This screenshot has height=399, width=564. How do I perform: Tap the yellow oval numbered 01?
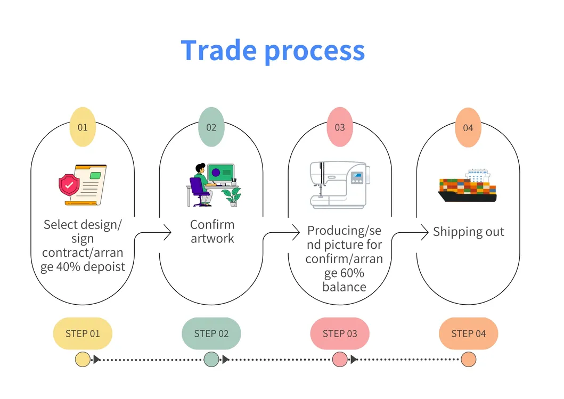point(83,127)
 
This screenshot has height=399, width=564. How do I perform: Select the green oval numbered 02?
point(211,127)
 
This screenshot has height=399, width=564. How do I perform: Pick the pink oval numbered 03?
point(340,127)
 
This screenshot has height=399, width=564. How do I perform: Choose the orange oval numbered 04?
point(468,128)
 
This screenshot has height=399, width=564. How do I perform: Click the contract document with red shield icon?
point(83,184)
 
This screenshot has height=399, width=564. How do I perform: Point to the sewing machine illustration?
point(339,184)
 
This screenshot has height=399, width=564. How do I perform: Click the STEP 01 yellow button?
point(83,333)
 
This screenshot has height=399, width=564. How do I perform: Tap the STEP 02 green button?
point(211,333)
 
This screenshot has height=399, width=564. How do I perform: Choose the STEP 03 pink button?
point(340,333)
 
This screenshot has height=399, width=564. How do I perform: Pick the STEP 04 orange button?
point(468,333)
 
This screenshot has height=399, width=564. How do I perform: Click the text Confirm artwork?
point(212,231)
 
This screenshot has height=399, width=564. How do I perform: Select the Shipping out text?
point(468,232)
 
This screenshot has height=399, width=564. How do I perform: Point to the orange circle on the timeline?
point(468,360)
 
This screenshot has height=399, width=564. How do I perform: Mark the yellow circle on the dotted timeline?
point(83,360)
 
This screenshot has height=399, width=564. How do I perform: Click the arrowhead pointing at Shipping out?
point(425,232)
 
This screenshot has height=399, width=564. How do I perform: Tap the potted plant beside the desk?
point(232,196)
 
